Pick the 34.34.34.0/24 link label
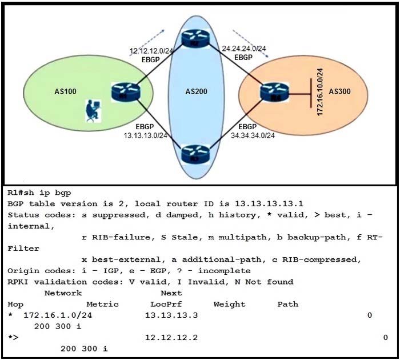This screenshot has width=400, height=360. click(254, 135)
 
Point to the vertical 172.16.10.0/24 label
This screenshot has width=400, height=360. click(321, 91)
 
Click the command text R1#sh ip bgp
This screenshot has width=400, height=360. click(39, 193)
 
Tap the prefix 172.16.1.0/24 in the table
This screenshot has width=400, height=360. click(57, 315)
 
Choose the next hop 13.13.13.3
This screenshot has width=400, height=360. click(171, 315)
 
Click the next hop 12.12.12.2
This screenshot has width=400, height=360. click(171, 337)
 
